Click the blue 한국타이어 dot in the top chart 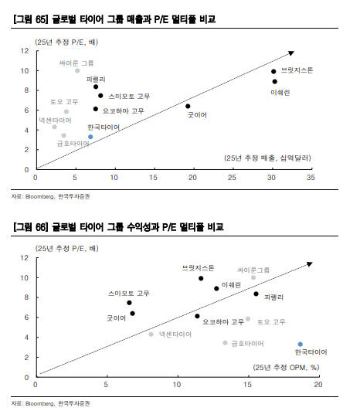tap(90, 137)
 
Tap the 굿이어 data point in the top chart tap(188, 106)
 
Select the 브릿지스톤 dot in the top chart tap(273, 71)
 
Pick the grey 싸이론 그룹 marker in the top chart tap(77, 71)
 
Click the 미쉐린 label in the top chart tap(280, 93)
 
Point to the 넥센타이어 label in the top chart tap(55, 121)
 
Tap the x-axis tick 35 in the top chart tap(311, 178)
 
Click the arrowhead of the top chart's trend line tap(291, 53)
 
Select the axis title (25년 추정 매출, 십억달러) tap(267, 158)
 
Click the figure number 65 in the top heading tap(40, 19)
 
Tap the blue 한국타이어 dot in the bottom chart tap(301, 344)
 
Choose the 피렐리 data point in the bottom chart tap(256, 294)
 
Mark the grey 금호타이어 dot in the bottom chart tap(225, 342)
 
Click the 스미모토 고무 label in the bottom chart tap(129, 294)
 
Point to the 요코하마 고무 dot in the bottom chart tap(197, 316)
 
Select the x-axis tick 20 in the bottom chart tap(318, 385)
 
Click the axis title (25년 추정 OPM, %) tap(286, 367)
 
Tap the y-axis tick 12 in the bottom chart tap(25, 258)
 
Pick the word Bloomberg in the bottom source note tap(40, 403)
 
